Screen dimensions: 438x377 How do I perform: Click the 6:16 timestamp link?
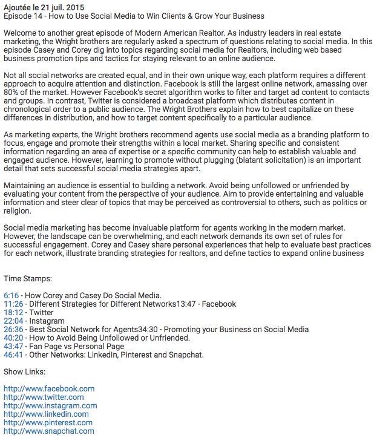coord(11,295)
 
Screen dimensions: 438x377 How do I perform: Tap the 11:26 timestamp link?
coord(13,304)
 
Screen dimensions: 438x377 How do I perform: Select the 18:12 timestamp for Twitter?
coord(13,312)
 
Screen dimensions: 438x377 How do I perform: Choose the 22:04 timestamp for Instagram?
coord(13,321)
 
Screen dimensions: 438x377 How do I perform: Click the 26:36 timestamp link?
coord(13,329)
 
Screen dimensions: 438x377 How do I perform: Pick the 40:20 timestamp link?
coord(13,338)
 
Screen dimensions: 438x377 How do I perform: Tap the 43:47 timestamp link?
coord(13,346)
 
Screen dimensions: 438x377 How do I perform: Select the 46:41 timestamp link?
coord(13,355)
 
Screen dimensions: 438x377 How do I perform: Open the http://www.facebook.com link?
coord(49,388)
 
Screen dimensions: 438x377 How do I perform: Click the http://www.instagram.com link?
coord(50,405)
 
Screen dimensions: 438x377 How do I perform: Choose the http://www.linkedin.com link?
coord(47,414)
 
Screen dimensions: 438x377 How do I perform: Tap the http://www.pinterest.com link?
coord(48,422)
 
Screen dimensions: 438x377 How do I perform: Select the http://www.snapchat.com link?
coord(49,431)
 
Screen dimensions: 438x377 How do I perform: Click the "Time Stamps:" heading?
coord(28,278)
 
